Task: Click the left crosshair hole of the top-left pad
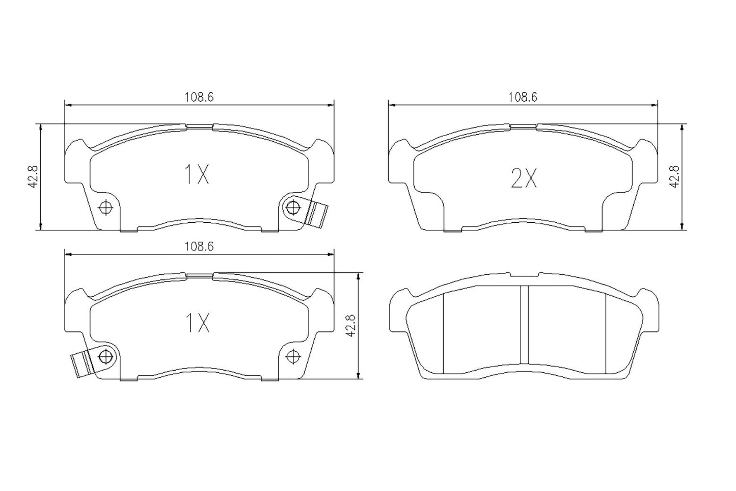[106, 208]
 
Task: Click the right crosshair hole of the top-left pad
[293, 208]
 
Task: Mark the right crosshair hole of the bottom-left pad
[293, 355]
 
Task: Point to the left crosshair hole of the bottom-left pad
[106, 355]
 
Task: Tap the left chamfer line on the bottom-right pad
[444, 334]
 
